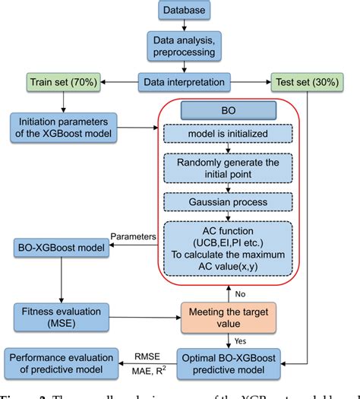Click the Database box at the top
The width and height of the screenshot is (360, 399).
(x=179, y=11)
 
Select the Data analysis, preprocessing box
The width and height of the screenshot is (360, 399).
(x=179, y=46)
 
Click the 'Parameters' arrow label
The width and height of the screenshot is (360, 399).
(x=133, y=236)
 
